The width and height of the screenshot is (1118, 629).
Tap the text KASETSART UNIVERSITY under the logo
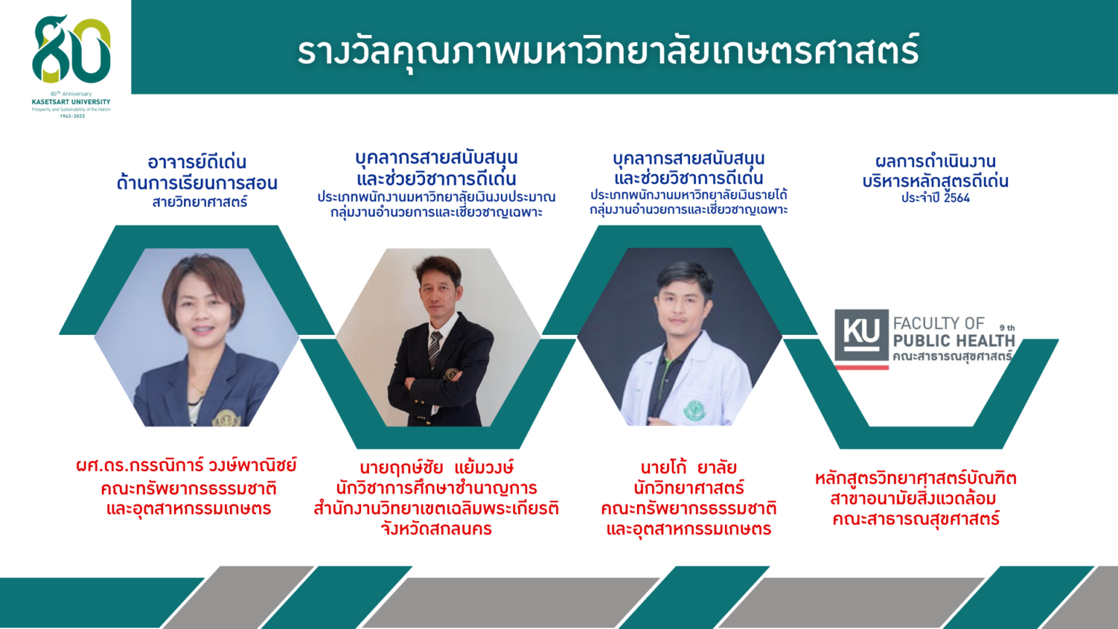pos(71,102)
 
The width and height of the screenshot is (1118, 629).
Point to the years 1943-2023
pos(72,116)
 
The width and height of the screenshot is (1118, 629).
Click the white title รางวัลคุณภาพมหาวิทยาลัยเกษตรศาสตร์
pos(608,52)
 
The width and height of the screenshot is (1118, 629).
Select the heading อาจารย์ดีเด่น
pos(197,162)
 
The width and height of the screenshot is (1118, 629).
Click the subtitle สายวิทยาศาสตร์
pos(199,202)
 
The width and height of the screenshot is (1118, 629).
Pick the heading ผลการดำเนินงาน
pos(935,161)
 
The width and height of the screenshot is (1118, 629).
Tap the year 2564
pos(957,198)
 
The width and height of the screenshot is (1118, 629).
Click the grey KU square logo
pos(862,336)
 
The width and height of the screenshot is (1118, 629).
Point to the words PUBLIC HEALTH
pos(954,341)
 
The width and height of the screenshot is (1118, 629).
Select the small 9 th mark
pos(1007,328)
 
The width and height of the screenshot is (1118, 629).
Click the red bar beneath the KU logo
pos(862,368)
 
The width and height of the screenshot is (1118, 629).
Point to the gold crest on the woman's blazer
pos(226,419)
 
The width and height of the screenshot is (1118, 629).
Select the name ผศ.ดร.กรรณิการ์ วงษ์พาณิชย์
pos(186,466)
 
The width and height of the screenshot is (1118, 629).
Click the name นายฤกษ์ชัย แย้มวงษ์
pos(437,468)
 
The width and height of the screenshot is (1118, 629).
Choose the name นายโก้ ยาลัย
pos(689,468)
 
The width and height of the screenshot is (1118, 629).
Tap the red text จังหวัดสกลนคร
pos(436,529)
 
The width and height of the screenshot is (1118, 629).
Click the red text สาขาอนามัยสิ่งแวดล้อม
pos(913,499)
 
